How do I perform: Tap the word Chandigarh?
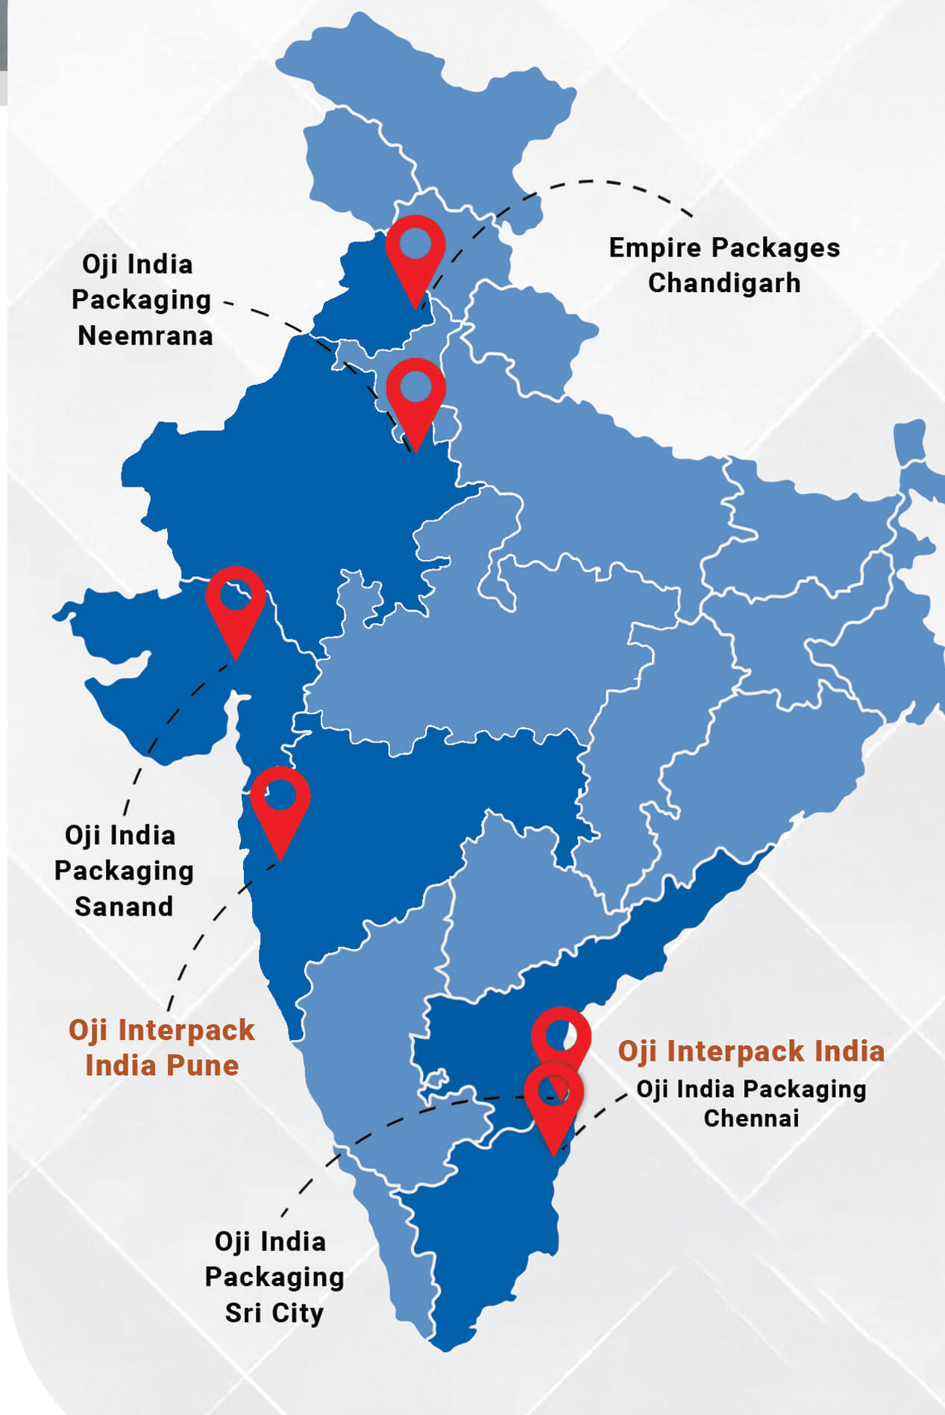723,283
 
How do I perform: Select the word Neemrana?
145,335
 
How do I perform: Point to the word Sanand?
124,907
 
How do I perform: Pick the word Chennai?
751,1118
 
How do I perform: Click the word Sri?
242,1313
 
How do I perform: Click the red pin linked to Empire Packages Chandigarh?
415,250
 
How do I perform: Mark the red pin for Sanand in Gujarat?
236,601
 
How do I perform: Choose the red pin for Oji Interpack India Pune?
280,801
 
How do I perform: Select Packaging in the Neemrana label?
141,300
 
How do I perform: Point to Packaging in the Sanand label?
124,871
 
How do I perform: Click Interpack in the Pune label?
186,1030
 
